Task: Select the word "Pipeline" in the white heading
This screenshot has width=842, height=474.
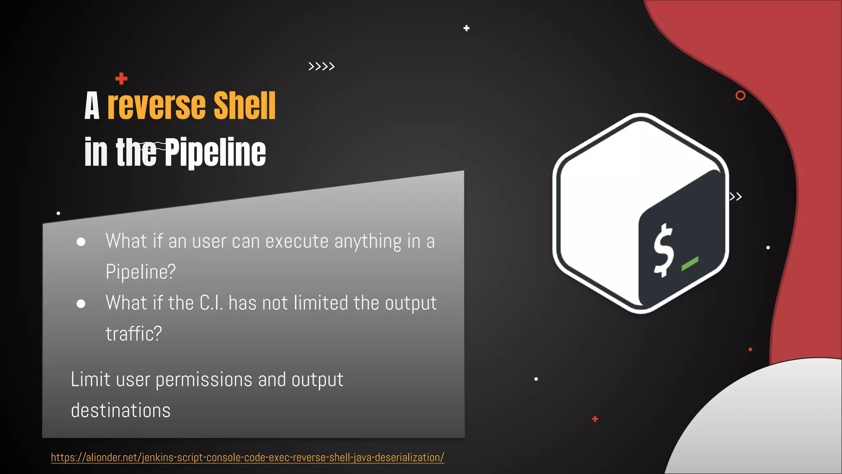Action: tap(215, 152)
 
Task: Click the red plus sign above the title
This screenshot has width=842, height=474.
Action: tap(121, 78)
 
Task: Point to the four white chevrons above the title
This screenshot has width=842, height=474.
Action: tap(322, 66)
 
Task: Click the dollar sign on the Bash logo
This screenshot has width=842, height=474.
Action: tap(664, 251)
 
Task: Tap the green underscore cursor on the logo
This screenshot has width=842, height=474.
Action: tap(690, 264)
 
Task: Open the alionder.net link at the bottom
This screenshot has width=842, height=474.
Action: tap(248, 458)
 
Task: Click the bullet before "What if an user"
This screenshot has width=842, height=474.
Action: tap(81, 242)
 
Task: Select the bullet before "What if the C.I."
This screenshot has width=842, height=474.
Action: tap(81, 304)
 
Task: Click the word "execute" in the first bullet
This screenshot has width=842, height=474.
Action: tap(297, 241)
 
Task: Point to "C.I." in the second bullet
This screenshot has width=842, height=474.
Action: tap(211, 303)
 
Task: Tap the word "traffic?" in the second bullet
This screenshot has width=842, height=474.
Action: tap(134, 334)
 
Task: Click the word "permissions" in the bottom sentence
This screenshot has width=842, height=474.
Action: tap(204, 380)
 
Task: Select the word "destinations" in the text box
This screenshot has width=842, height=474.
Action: tap(120, 410)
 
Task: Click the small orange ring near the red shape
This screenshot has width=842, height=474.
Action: tap(740, 95)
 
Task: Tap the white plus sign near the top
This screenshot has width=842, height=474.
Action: tap(466, 28)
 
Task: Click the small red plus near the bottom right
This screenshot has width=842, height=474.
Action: tap(595, 419)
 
